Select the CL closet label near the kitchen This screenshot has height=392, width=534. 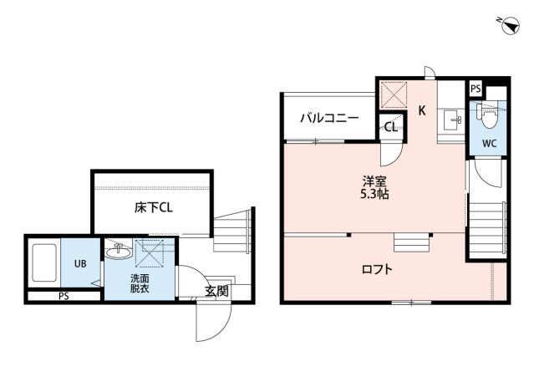pyautogui.click(x=390, y=128)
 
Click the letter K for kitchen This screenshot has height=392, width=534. pyautogui.click(x=422, y=109)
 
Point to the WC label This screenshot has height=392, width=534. pyautogui.click(x=489, y=143)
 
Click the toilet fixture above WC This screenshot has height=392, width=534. pyautogui.click(x=485, y=114)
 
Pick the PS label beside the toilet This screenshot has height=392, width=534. pyautogui.click(x=476, y=89)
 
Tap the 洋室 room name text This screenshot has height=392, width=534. pyautogui.click(x=374, y=181)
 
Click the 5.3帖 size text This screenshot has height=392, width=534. pyautogui.click(x=374, y=195)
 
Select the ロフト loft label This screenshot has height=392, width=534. pyautogui.click(x=377, y=269)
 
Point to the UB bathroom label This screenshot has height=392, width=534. pyautogui.click(x=80, y=264)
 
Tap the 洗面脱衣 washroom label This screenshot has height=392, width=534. pyautogui.click(x=140, y=282)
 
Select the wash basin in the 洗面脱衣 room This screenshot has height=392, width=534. pyautogui.click(x=116, y=249)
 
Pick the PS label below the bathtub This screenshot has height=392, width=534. pyautogui.click(x=64, y=296)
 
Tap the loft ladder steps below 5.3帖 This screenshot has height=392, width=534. pyautogui.click(x=411, y=242)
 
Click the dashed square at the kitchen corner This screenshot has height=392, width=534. pyautogui.click(x=394, y=94)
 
